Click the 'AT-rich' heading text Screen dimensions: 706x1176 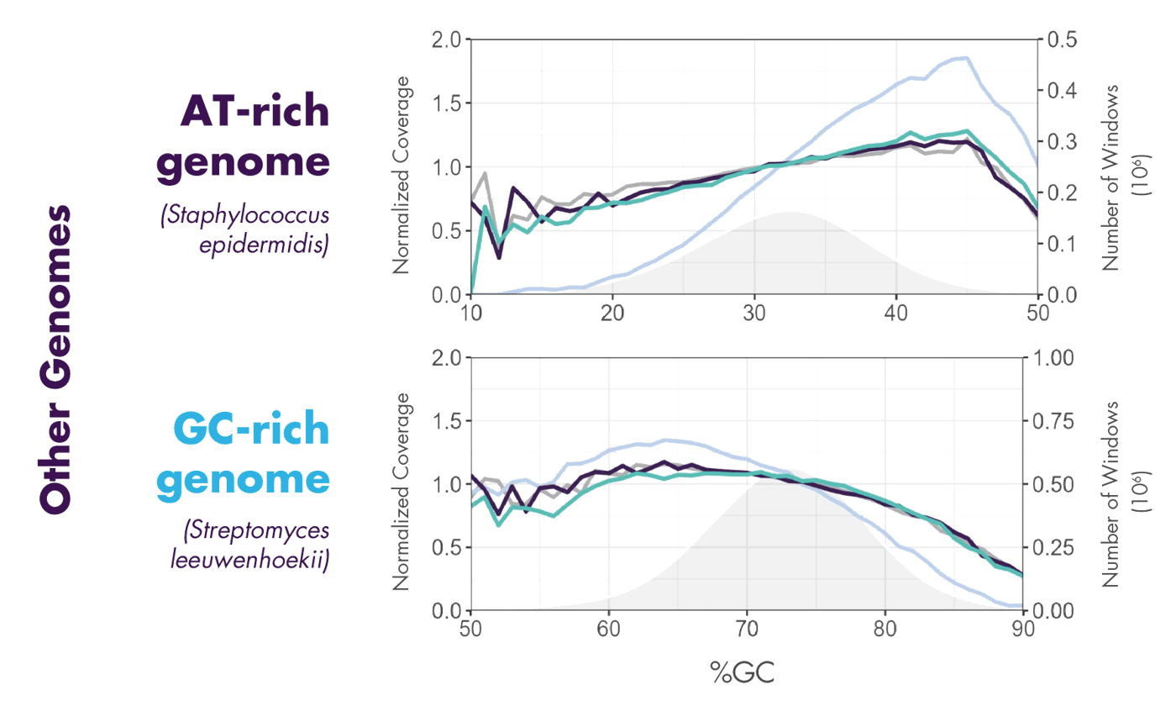click(x=254, y=111)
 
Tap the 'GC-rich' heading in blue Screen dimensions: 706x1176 click(x=250, y=430)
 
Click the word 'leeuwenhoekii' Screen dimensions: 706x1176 click(x=248, y=560)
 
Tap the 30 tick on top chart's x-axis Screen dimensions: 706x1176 click(x=754, y=312)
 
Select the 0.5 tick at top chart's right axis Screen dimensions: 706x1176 click(x=1060, y=40)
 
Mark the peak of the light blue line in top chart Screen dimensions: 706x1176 click(x=966, y=57)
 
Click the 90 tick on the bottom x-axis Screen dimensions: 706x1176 click(x=1021, y=627)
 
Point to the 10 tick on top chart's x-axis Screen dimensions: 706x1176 click(x=471, y=312)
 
